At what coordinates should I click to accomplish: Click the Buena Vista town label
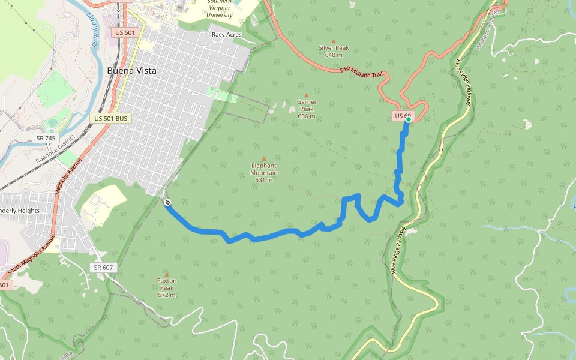pyautogui.click(x=131, y=71)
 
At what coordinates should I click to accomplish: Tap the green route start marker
pyautogui.click(x=408, y=119)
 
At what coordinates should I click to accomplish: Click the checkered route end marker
pyautogui.click(x=167, y=202)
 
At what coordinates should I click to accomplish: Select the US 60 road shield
pyautogui.click(x=403, y=115)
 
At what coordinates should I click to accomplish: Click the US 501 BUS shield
pyautogui.click(x=111, y=119)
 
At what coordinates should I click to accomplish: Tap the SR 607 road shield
pyautogui.click(x=104, y=267)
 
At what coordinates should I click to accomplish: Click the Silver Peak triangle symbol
pyautogui.click(x=334, y=41)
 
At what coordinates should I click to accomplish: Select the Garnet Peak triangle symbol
pyautogui.click(x=307, y=95)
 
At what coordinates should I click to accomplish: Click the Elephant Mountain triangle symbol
pyautogui.click(x=263, y=158)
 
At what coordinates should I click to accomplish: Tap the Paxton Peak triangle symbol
pyautogui.click(x=167, y=274)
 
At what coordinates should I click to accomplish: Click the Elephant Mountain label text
pyautogui.click(x=264, y=172)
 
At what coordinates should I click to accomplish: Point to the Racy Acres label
pyautogui.click(x=226, y=35)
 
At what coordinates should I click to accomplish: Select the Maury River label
pyautogui.click(x=93, y=30)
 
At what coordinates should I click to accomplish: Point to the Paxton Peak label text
pyautogui.click(x=167, y=287)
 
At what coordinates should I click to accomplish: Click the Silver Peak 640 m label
pyautogui.click(x=334, y=51)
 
